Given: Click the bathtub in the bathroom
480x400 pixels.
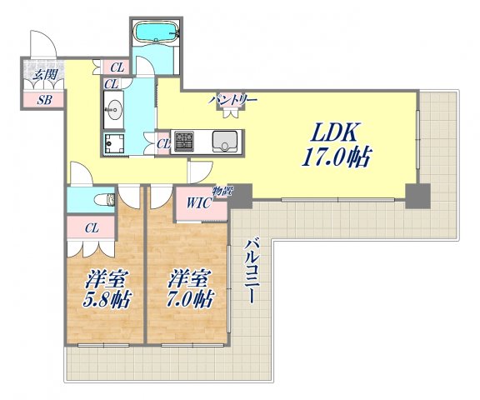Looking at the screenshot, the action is tap(157, 31).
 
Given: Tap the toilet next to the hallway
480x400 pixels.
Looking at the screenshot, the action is tap(104, 200).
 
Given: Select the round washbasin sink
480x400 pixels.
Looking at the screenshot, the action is tap(114, 108).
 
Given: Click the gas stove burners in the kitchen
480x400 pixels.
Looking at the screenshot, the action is tap(184, 142).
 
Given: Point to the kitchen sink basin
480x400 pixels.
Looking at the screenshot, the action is tap(225, 141).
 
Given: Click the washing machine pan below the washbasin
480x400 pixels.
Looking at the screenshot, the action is tap(114, 144).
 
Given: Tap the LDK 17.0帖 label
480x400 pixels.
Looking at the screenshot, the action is tap(337, 145).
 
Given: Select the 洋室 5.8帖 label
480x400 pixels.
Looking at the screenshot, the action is tap(107, 289).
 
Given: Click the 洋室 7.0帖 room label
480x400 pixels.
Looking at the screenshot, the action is tap(190, 289).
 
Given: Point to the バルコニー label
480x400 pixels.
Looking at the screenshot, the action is tap(252, 272).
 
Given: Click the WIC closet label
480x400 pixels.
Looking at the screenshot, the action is tap(198, 202).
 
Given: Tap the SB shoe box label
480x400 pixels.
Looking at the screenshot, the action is tap(44, 100).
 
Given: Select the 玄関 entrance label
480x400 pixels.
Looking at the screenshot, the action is tap(45, 74).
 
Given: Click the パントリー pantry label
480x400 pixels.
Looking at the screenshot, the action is tap(232, 99).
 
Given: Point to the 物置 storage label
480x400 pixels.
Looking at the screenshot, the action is tap(222, 192).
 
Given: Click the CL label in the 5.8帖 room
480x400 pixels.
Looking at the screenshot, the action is tap(92, 227).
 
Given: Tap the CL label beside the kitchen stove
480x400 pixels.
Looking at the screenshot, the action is tap(163, 144).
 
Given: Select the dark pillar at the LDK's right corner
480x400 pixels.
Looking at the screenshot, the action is tap(417, 196).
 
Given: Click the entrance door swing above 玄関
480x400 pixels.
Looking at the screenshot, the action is tap(43, 43).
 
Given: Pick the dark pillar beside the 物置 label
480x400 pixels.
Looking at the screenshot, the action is tap(240, 195).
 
